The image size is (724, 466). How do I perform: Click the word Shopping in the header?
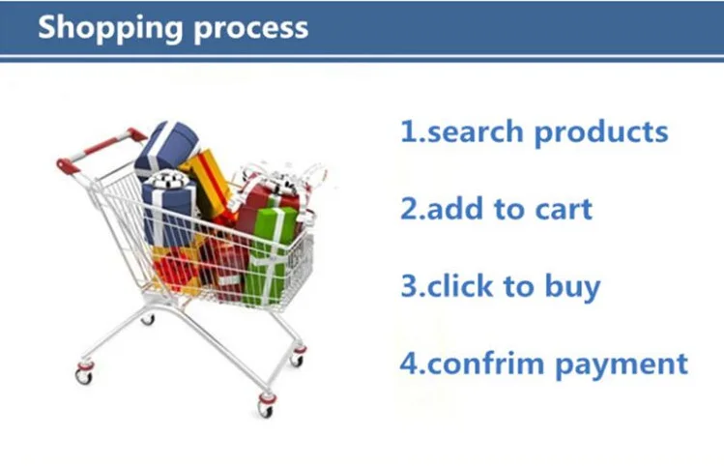[x=111, y=29]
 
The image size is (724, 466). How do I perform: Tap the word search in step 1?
[x=476, y=131]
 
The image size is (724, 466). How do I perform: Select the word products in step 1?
[x=601, y=133]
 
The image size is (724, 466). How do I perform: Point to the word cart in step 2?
[x=564, y=210]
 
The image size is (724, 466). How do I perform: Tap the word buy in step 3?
[x=572, y=288]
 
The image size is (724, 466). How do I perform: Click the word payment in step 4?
[x=622, y=365]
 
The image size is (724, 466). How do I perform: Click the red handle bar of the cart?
[x=100, y=150]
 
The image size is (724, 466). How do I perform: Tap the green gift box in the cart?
[x=270, y=255]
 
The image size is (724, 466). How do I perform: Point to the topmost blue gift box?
[x=166, y=148]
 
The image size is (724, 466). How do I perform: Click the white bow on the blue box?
[x=167, y=179]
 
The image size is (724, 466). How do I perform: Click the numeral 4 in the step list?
[x=408, y=364]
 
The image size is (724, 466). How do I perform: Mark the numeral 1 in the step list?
[x=409, y=131]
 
